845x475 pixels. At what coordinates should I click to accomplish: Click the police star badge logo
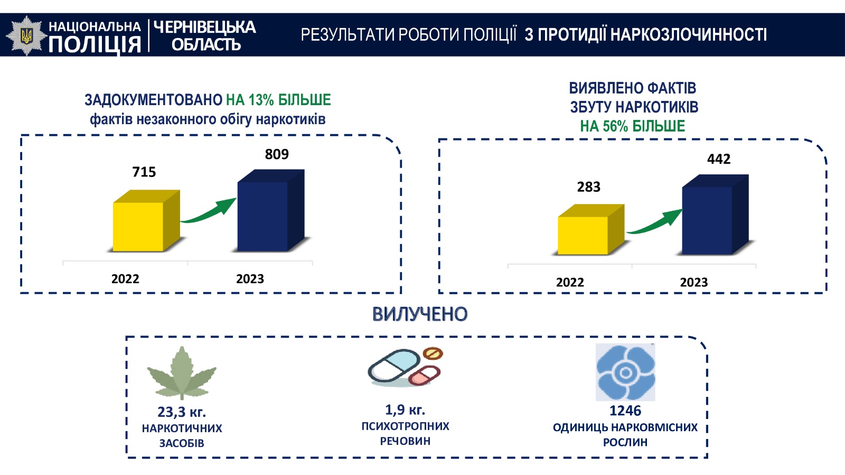[x=26, y=36]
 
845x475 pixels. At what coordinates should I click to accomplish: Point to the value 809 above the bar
[x=277, y=154]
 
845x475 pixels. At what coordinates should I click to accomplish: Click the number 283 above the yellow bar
[x=588, y=187]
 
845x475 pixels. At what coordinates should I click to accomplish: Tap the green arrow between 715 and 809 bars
[x=208, y=211]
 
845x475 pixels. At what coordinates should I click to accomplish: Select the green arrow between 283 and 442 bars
[x=654, y=222]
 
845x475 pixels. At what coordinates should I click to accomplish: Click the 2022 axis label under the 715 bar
[x=125, y=279]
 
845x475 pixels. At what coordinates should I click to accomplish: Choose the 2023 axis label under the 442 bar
[x=694, y=282]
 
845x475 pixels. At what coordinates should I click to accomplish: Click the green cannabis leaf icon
[x=182, y=373]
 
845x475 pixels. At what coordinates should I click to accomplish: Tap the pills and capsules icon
[x=405, y=367]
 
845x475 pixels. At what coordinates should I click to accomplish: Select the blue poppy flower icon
[x=625, y=372]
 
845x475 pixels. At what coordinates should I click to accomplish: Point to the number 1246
[x=625, y=411]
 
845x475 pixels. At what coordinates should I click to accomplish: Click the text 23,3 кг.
[x=182, y=412]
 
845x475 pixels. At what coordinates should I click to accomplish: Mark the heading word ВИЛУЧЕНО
[x=420, y=314]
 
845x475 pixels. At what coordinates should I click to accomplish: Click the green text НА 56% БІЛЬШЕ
[x=632, y=126]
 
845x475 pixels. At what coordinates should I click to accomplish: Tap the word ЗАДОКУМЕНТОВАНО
[x=153, y=100]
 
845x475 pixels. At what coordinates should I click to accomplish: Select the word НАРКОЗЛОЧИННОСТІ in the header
[x=689, y=35]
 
